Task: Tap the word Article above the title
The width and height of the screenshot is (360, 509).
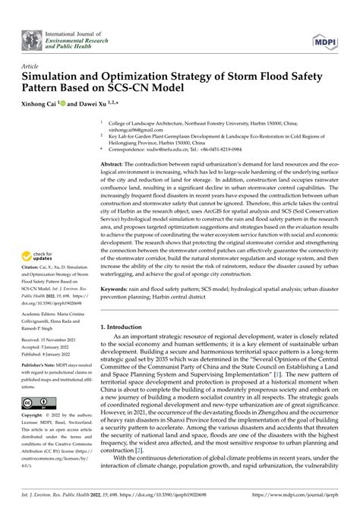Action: pos(30,66)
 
